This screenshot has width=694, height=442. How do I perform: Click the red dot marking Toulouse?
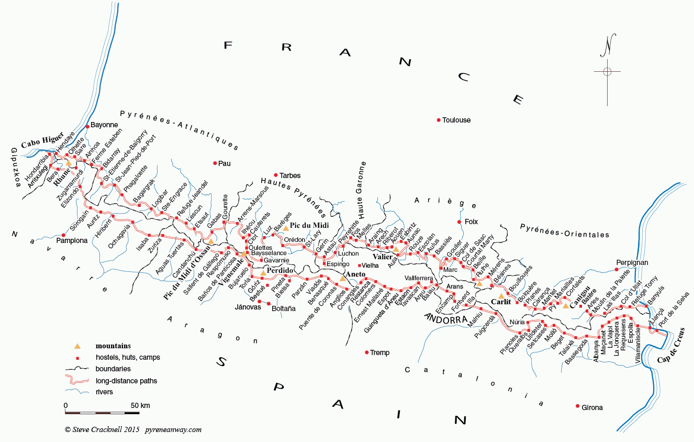pyautogui.click(x=439, y=120)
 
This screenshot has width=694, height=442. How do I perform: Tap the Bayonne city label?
pyautogui.click(x=105, y=125)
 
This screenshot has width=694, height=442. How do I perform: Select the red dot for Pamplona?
pyautogui.click(x=63, y=235)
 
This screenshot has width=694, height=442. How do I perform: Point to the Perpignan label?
pyautogui.click(x=632, y=262)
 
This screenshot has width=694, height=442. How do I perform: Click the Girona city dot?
pyautogui.click(x=578, y=406)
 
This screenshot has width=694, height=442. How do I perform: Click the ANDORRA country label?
pyautogui.click(x=446, y=318)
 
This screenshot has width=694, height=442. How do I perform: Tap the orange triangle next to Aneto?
pyautogui.click(x=342, y=278)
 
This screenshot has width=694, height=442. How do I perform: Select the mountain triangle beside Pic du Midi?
pyautogui.click(x=286, y=228)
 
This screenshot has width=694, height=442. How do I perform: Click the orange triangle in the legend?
pyautogui.click(x=77, y=346)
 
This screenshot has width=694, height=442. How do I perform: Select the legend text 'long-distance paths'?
pyautogui.click(x=126, y=381)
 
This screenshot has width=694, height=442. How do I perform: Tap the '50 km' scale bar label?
pyautogui.click(x=140, y=405)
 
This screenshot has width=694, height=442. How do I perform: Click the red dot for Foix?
pyautogui.click(x=459, y=222)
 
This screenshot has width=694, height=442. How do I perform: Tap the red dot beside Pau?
pyautogui.click(x=215, y=163)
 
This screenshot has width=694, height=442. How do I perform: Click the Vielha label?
pyautogui.click(x=371, y=266)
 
